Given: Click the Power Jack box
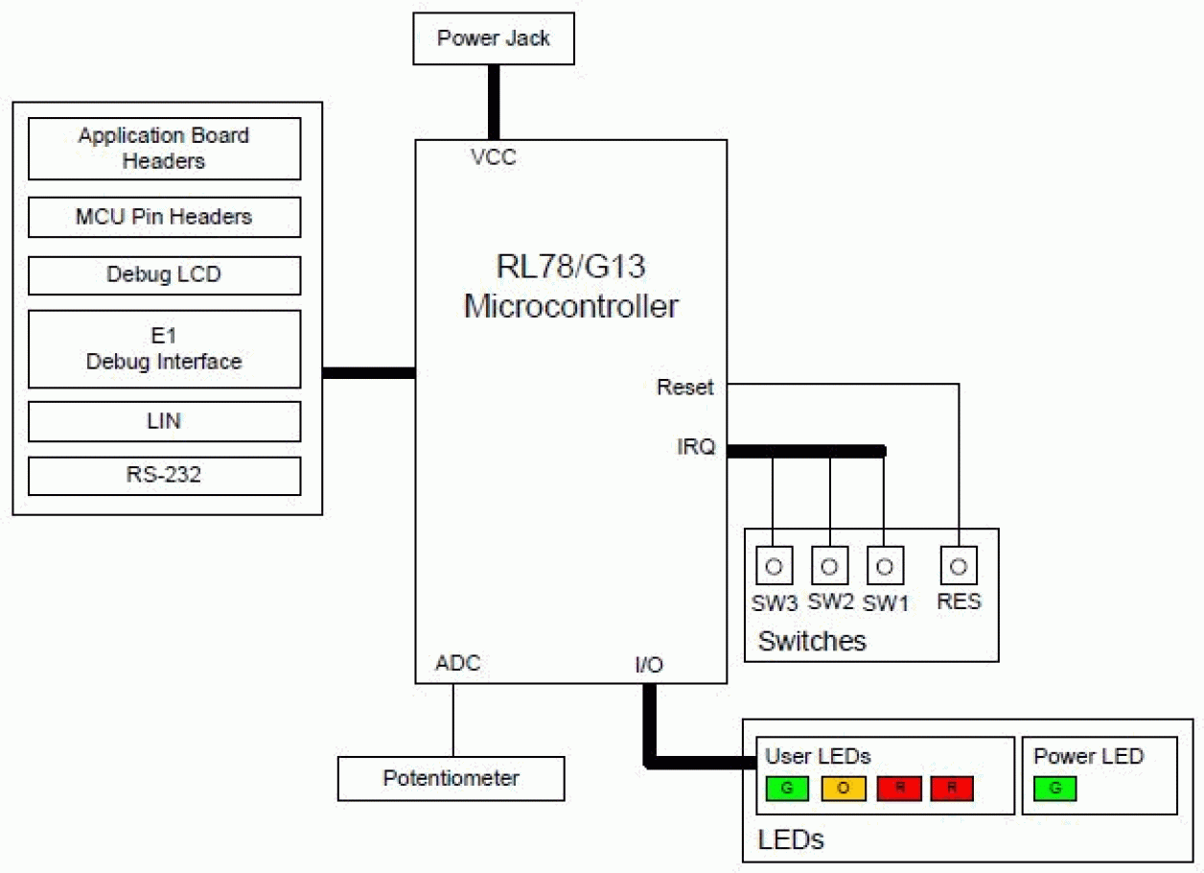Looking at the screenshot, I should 493,38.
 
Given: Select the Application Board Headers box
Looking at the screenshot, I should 164,149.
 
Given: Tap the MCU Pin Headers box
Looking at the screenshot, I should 164,217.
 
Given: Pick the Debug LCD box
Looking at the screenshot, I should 164,275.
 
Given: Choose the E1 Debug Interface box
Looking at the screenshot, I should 164,349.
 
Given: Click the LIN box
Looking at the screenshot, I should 164,421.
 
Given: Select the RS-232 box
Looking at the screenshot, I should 164,476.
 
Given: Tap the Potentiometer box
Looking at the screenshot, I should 451,778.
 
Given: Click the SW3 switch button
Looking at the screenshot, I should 775,566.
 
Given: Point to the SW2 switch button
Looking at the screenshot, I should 830,566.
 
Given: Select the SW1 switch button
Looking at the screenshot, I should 885,566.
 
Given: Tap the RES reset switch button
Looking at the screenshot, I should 958,566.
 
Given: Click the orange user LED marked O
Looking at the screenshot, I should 844,789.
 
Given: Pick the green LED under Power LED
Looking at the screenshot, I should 1054,789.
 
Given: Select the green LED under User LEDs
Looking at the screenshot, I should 789,789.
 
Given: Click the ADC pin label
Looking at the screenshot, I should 457,664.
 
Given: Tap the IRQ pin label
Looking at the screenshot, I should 695,447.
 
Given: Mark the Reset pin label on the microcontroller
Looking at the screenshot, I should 684,388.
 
